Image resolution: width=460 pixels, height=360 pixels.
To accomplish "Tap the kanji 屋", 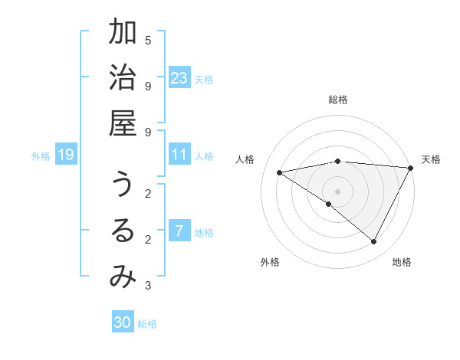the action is point(123,123).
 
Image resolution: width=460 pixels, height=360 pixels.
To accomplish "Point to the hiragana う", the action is point(123,186).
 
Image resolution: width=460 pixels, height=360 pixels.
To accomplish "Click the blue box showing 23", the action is point(179,78).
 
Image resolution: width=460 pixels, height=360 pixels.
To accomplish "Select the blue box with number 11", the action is point(179,155).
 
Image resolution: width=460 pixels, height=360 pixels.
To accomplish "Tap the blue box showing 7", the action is point(179,231).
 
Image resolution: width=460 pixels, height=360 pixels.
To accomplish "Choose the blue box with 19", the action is point(65,155).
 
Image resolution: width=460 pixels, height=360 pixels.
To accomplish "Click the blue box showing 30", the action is point(122,322).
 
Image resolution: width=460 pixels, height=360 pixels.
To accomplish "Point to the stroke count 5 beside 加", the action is point(148,40).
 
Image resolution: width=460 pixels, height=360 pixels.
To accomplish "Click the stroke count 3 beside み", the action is point(148,286).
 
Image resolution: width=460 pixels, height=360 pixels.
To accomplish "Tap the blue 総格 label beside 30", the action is point(147,324).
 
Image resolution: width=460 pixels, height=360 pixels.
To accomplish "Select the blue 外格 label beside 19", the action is point(41,156).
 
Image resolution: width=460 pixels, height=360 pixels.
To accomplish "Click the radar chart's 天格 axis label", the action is point(431,159).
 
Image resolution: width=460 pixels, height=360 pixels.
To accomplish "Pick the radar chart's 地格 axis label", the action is point(402,262).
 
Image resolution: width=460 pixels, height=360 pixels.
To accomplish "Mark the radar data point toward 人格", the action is point(279,172).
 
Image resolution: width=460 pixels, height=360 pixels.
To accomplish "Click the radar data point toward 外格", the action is point(329,204).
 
